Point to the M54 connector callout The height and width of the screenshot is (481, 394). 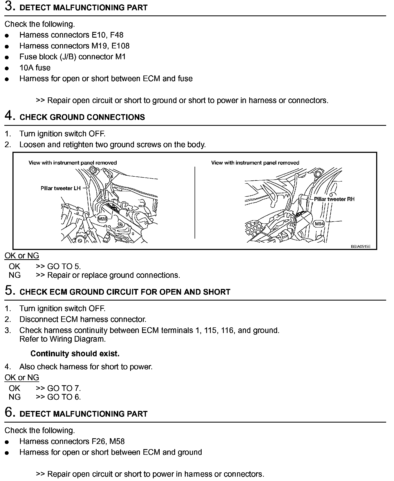click(319, 224)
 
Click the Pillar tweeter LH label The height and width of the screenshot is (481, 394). click(61, 188)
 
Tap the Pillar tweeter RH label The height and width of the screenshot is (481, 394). click(334, 199)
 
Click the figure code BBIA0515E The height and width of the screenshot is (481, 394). click(360, 246)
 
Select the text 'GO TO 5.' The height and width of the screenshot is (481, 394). click(64, 267)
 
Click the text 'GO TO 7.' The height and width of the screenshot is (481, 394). click(64, 388)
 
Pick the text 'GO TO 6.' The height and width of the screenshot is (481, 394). click(64, 397)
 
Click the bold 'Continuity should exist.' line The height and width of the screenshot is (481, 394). click(75, 354)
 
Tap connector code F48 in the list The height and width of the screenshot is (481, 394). click(117, 35)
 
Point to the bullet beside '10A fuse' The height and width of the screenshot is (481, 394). click(7, 68)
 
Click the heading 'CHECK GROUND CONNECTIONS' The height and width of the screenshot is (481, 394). click(82, 117)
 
